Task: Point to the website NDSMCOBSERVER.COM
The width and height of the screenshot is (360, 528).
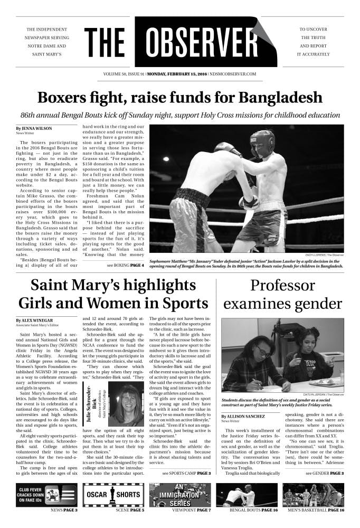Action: [233, 74]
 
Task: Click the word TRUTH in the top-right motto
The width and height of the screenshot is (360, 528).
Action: [316, 37]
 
